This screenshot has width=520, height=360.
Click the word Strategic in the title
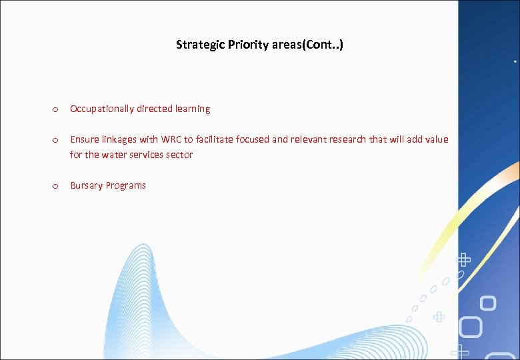click(x=198, y=45)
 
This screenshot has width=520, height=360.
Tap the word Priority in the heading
click(x=244, y=45)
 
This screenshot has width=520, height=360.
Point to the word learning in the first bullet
click(x=193, y=109)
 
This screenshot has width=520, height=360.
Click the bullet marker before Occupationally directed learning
click(x=55, y=109)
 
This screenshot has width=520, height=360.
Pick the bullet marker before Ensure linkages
click(x=55, y=140)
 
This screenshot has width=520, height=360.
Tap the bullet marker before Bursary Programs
click(x=55, y=186)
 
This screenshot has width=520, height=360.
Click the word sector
click(x=179, y=155)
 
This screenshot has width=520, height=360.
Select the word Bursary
click(x=85, y=185)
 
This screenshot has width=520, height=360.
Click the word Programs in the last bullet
click(x=125, y=185)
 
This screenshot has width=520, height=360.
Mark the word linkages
click(x=119, y=139)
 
